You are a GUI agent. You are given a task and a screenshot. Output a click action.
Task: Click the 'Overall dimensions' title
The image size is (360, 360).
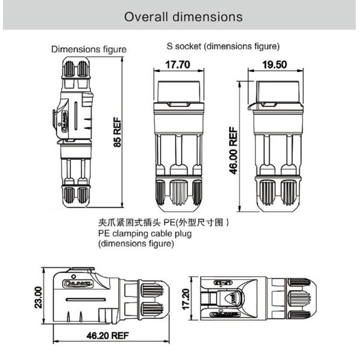tap(183, 16)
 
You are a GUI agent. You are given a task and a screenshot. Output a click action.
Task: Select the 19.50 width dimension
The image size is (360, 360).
tap(275, 64)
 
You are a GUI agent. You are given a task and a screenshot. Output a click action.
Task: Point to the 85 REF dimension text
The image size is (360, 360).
tap(117, 132)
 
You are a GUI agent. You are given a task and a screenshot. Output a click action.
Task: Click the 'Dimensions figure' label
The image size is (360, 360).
tap(89, 49)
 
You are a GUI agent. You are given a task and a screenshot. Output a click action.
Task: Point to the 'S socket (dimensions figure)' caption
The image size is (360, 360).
tap(223, 46)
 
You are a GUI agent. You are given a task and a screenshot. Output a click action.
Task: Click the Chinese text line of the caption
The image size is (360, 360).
tap(163, 223)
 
